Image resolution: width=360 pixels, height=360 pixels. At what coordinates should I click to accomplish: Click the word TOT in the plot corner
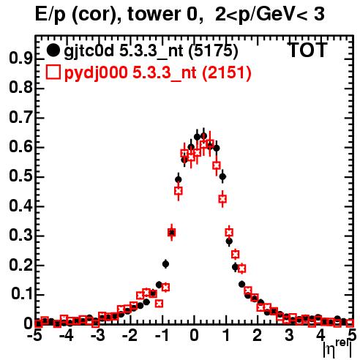(307, 50)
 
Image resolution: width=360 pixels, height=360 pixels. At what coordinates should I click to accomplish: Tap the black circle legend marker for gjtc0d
(53, 50)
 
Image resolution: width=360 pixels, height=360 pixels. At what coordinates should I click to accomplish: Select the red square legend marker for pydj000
(53, 72)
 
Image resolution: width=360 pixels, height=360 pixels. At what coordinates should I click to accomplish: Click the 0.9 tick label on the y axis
(20, 59)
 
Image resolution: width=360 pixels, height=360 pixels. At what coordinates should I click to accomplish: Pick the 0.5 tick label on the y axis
(20, 177)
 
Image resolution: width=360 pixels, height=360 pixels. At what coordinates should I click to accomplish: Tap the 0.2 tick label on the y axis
(20, 266)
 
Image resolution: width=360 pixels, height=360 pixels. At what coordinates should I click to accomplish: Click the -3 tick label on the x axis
(97, 336)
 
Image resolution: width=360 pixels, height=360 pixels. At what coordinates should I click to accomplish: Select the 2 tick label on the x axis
(258, 336)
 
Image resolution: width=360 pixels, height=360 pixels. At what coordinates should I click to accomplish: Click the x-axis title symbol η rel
(337, 349)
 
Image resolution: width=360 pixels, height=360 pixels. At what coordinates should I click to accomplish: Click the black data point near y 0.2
(165, 264)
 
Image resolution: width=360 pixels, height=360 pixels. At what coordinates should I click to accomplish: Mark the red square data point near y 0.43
(222, 199)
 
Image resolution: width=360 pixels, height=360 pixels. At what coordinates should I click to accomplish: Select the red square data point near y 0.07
(160, 304)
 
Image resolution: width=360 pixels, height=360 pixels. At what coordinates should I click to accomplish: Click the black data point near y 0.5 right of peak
(222, 176)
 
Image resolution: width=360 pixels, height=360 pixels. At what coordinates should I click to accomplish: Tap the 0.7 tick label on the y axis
(20, 118)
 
